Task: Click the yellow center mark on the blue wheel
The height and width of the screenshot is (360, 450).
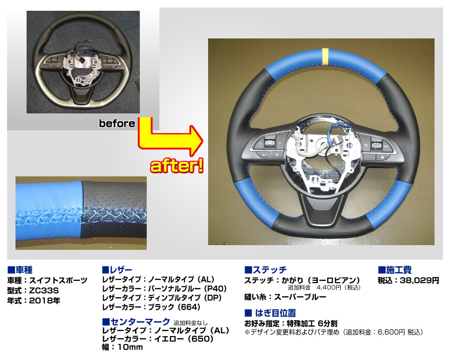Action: [325, 56]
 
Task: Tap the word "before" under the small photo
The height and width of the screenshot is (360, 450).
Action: [117, 123]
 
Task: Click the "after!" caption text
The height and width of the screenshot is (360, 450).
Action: [177, 166]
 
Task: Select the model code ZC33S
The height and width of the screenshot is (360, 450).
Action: [44, 291]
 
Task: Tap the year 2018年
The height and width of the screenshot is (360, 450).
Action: [45, 300]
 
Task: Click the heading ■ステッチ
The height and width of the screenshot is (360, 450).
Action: [265, 270]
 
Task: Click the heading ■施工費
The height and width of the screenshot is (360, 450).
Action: [395, 270]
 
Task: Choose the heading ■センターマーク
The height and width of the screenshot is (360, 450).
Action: [136, 322]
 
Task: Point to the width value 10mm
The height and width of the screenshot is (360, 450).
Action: [130, 347]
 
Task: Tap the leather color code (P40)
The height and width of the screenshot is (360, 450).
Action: [215, 289]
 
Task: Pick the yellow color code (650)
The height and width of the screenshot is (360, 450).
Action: [202, 339]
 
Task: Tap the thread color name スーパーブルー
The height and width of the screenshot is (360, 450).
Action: [300, 297]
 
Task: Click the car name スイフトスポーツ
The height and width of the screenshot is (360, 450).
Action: [58, 280]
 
